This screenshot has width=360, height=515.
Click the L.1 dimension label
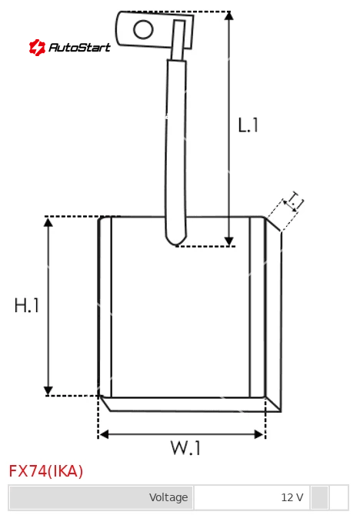coord(248,125)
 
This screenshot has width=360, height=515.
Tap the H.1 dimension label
coord(27,305)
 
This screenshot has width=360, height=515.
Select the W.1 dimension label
coord(185,447)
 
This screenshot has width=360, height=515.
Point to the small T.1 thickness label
coord(294,201)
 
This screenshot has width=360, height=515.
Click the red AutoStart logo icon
coord(37,48)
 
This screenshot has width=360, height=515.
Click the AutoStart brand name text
coord(79,48)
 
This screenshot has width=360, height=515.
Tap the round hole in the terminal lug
coord(143,29)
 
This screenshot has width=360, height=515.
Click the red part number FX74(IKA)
coord(45,471)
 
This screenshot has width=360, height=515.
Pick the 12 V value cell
coord(252,497)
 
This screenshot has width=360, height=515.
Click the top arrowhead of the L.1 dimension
coord(228,15)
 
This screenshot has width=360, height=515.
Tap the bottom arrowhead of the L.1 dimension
coord(228,241)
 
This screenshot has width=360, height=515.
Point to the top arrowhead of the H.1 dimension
coord(48,221)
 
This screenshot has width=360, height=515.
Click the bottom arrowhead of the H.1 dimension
coord(48,390)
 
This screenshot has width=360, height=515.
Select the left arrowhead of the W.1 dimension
coord(104,434)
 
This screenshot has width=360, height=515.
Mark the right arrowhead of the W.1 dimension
coord(259,434)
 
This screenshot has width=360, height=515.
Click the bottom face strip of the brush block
coord(191,404)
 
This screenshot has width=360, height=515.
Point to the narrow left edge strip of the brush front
coord(105,307)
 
